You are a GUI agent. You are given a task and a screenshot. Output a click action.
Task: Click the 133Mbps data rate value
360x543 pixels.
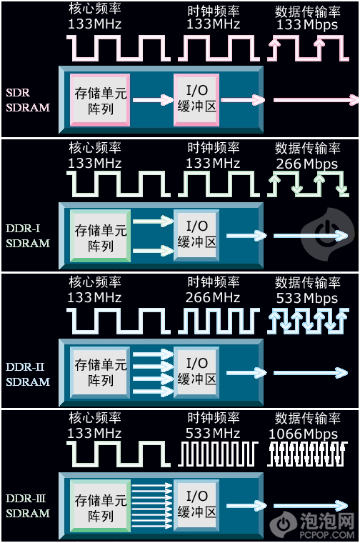click(306, 24)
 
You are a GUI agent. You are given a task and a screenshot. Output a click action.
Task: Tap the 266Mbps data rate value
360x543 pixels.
click(306, 164)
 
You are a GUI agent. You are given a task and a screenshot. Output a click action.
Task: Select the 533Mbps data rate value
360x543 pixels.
click(306, 298)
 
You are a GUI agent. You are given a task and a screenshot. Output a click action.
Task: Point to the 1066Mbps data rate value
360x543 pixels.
click(304, 434)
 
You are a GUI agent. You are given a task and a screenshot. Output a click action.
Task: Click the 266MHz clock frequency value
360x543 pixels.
click(213, 297)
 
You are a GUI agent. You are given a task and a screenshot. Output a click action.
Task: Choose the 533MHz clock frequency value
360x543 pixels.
click(213, 433)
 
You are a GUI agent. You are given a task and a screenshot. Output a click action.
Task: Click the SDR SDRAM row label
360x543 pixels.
click(28, 100)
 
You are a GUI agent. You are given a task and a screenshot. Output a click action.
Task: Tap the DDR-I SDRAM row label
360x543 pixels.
click(28, 236)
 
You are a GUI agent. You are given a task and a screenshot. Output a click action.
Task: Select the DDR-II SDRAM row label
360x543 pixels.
click(28, 374)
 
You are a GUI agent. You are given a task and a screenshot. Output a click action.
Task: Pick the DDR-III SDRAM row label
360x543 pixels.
click(28, 506)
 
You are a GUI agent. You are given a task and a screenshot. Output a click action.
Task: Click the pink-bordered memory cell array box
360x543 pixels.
click(100, 100)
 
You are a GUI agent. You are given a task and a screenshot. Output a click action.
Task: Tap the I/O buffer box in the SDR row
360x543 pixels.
click(196, 100)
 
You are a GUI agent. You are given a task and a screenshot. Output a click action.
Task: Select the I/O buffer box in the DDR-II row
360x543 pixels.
click(196, 372)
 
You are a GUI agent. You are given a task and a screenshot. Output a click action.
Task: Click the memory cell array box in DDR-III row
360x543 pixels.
click(100, 507)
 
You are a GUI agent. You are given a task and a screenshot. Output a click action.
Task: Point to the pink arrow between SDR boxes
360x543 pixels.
click(153, 100)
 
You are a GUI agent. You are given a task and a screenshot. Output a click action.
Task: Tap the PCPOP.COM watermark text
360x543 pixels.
click(327, 534)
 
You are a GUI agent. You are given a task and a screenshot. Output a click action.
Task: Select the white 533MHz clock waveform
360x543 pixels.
click(218, 454)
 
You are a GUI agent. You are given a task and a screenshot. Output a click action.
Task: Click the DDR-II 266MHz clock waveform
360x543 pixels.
click(219, 322)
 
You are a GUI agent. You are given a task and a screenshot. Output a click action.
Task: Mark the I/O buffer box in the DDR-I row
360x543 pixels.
click(196, 236)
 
